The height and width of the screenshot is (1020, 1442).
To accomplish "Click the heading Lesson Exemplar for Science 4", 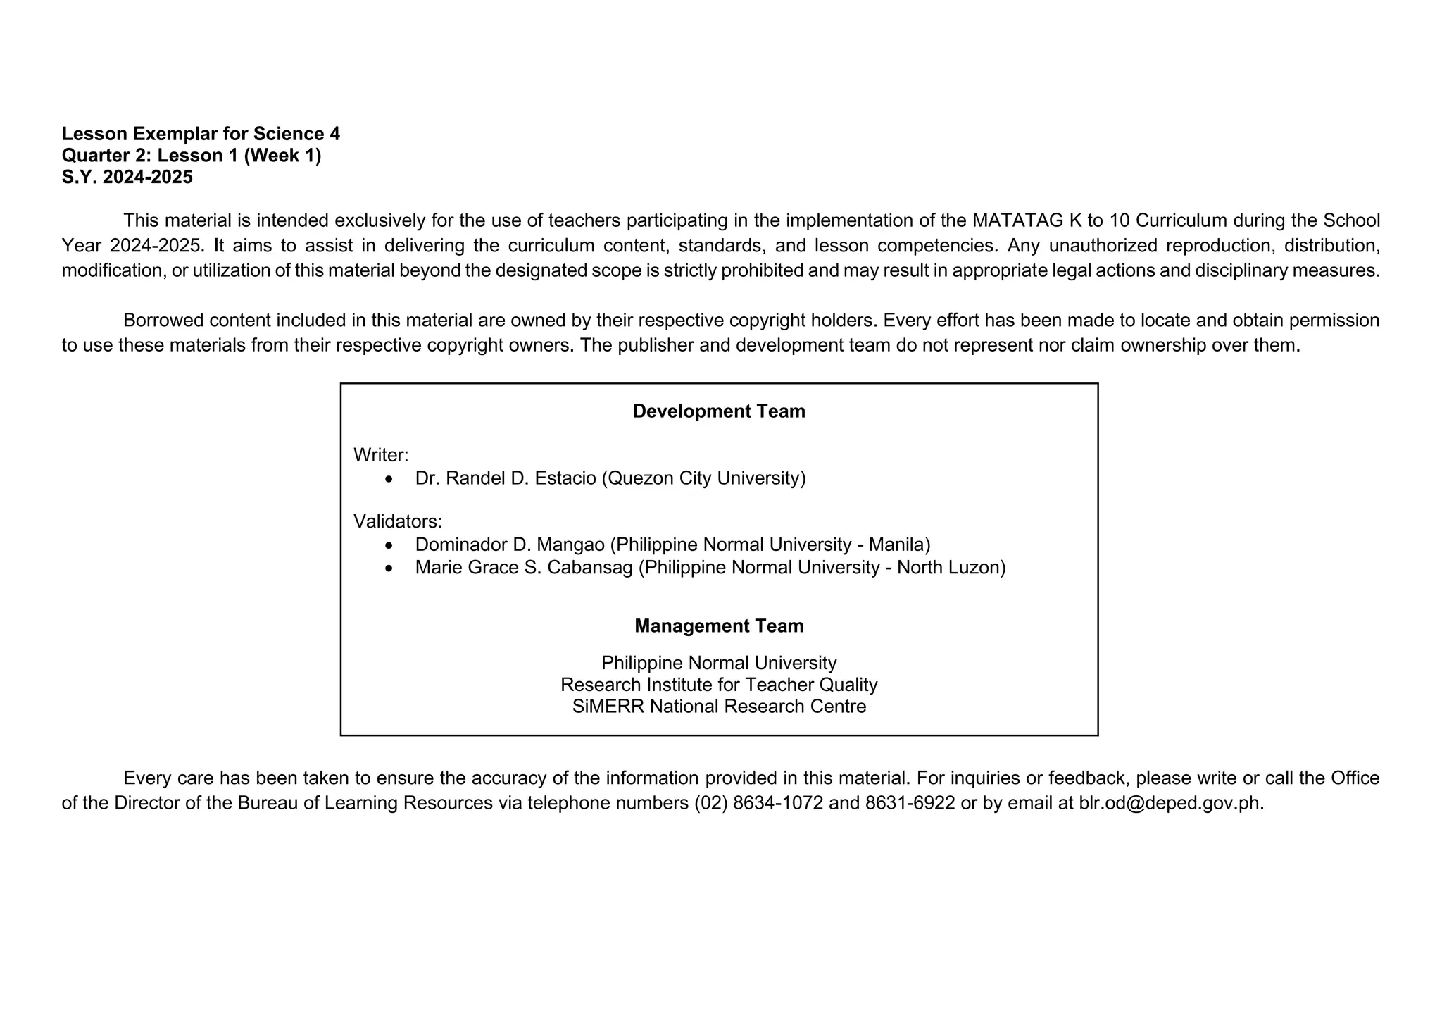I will point(201,134).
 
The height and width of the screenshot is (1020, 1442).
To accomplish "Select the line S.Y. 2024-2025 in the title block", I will point(127,178).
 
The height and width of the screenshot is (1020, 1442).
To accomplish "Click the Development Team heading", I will point(719,411).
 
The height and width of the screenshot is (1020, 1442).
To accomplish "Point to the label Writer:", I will point(381,455).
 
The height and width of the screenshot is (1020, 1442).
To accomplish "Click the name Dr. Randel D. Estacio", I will point(505,478).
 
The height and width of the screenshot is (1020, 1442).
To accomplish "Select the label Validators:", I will point(398,521).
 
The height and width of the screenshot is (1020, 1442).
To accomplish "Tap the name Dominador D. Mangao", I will point(510,545).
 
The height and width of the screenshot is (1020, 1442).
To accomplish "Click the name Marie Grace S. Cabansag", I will point(524,567).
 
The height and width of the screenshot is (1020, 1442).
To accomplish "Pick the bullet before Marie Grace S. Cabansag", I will point(389,568).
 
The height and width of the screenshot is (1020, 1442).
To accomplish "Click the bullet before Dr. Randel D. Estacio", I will point(389,479).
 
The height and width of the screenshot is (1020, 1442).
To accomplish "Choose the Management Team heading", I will point(719,626).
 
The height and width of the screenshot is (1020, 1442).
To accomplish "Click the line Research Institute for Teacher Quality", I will point(719,685).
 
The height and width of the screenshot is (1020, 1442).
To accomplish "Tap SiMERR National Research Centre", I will point(719,707).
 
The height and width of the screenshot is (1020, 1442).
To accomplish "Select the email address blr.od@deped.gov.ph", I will point(1170,803).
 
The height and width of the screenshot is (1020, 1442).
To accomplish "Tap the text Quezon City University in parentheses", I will point(704,478).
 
